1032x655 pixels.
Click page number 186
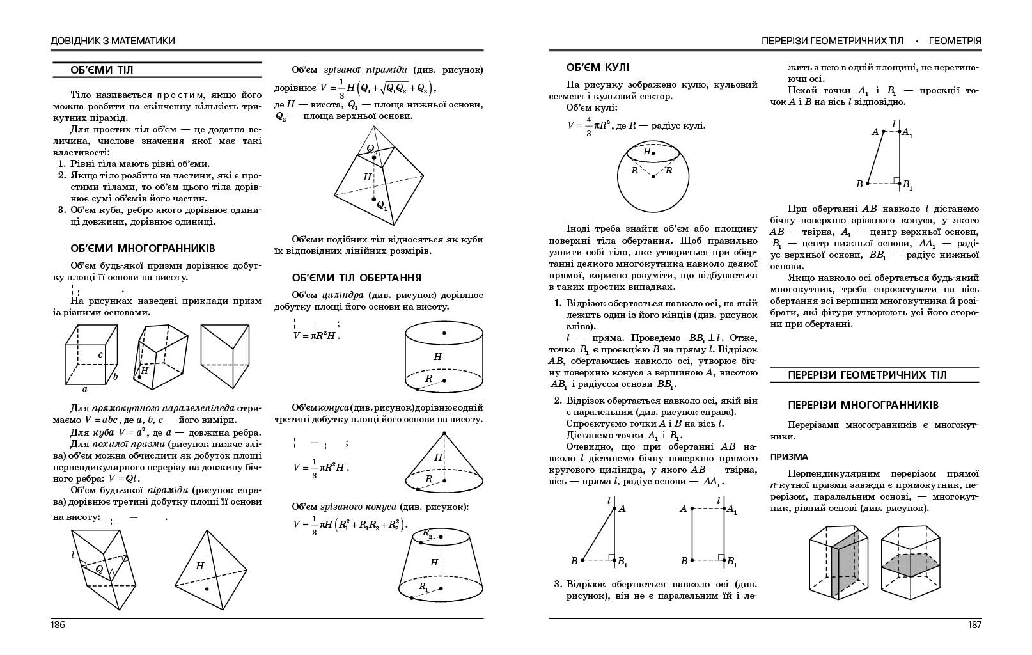point(58,625)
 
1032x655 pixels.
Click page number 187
point(974,625)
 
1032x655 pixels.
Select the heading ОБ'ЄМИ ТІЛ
point(102,70)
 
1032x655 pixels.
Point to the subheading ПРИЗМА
point(789,457)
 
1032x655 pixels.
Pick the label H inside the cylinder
point(437,357)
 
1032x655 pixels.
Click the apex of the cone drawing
point(444,433)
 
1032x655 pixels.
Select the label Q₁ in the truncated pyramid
point(382,205)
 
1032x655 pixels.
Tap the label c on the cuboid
point(101,354)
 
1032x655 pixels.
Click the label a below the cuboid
point(84,389)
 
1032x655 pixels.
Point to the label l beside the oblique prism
point(73,555)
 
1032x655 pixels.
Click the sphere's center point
point(653,175)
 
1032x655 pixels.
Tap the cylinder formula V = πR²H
point(316,335)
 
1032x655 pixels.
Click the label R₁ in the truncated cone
point(423,586)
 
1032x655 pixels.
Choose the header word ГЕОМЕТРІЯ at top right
point(955,41)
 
